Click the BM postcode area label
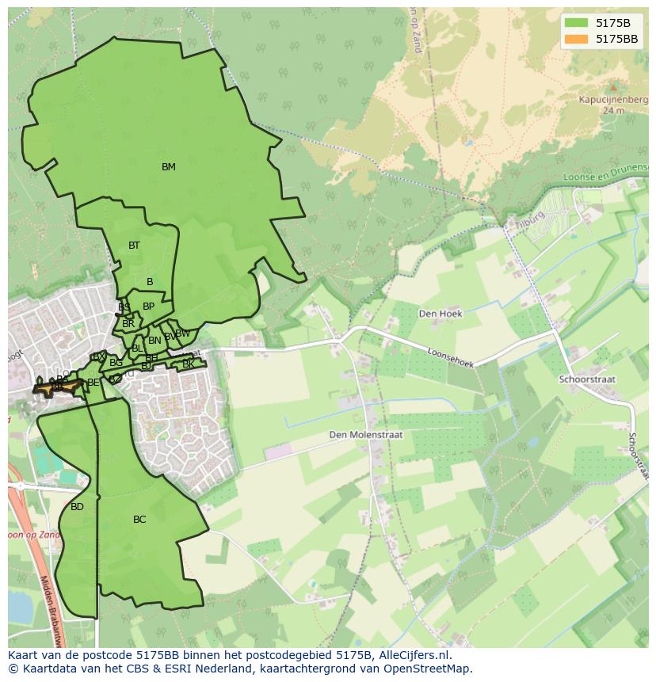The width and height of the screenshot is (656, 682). click(x=168, y=167)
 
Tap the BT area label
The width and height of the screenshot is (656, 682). click(x=134, y=246)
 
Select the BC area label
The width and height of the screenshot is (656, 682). click(x=139, y=520)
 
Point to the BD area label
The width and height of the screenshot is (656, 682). click(x=77, y=507)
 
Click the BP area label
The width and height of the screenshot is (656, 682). click(x=148, y=307)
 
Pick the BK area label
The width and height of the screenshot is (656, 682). click(x=188, y=364)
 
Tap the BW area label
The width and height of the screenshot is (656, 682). click(x=183, y=333)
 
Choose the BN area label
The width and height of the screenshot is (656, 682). click(x=154, y=341)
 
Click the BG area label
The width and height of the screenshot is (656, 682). click(x=116, y=363)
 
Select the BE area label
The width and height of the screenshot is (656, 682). click(x=93, y=383)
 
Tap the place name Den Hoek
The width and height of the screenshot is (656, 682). click(x=441, y=313)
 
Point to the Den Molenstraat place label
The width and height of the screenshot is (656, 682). click(x=366, y=435)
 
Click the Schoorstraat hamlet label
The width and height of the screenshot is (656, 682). click(x=587, y=379)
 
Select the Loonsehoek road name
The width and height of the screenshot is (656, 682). click(x=450, y=358)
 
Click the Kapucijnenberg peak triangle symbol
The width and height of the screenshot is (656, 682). click(x=612, y=86)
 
